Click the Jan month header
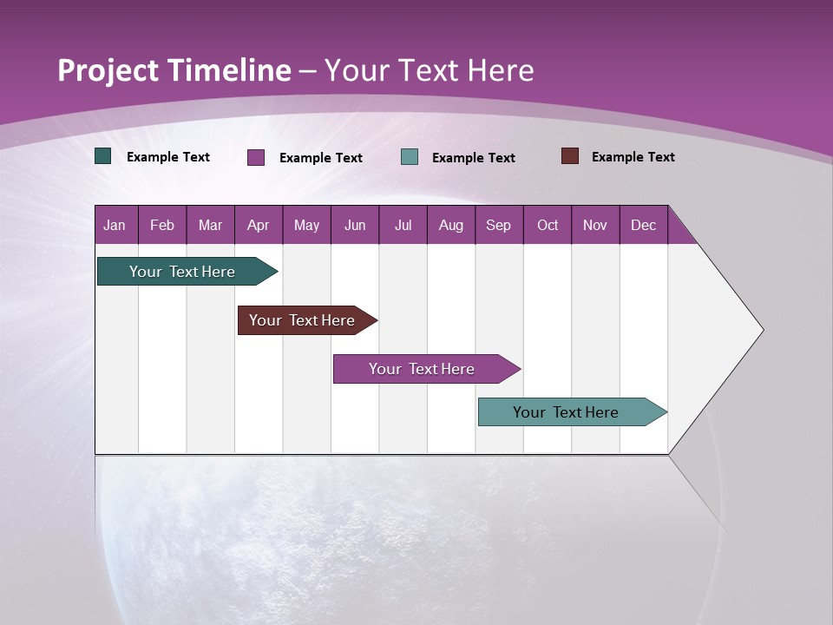click(x=115, y=225)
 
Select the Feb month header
click(x=162, y=225)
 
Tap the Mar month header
click(x=210, y=225)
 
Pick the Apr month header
click(x=258, y=225)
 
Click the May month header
click(x=306, y=225)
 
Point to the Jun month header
click(x=355, y=225)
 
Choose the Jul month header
click(x=403, y=225)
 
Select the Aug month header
click(x=451, y=225)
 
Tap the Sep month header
click(x=498, y=225)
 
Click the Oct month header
click(x=548, y=225)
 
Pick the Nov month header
click(x=595, y=225)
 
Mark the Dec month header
click(x=643, y=225)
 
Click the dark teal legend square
click(x=103, y=156)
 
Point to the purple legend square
click(x=256, y=157)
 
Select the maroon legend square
click(x=569, y=156)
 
